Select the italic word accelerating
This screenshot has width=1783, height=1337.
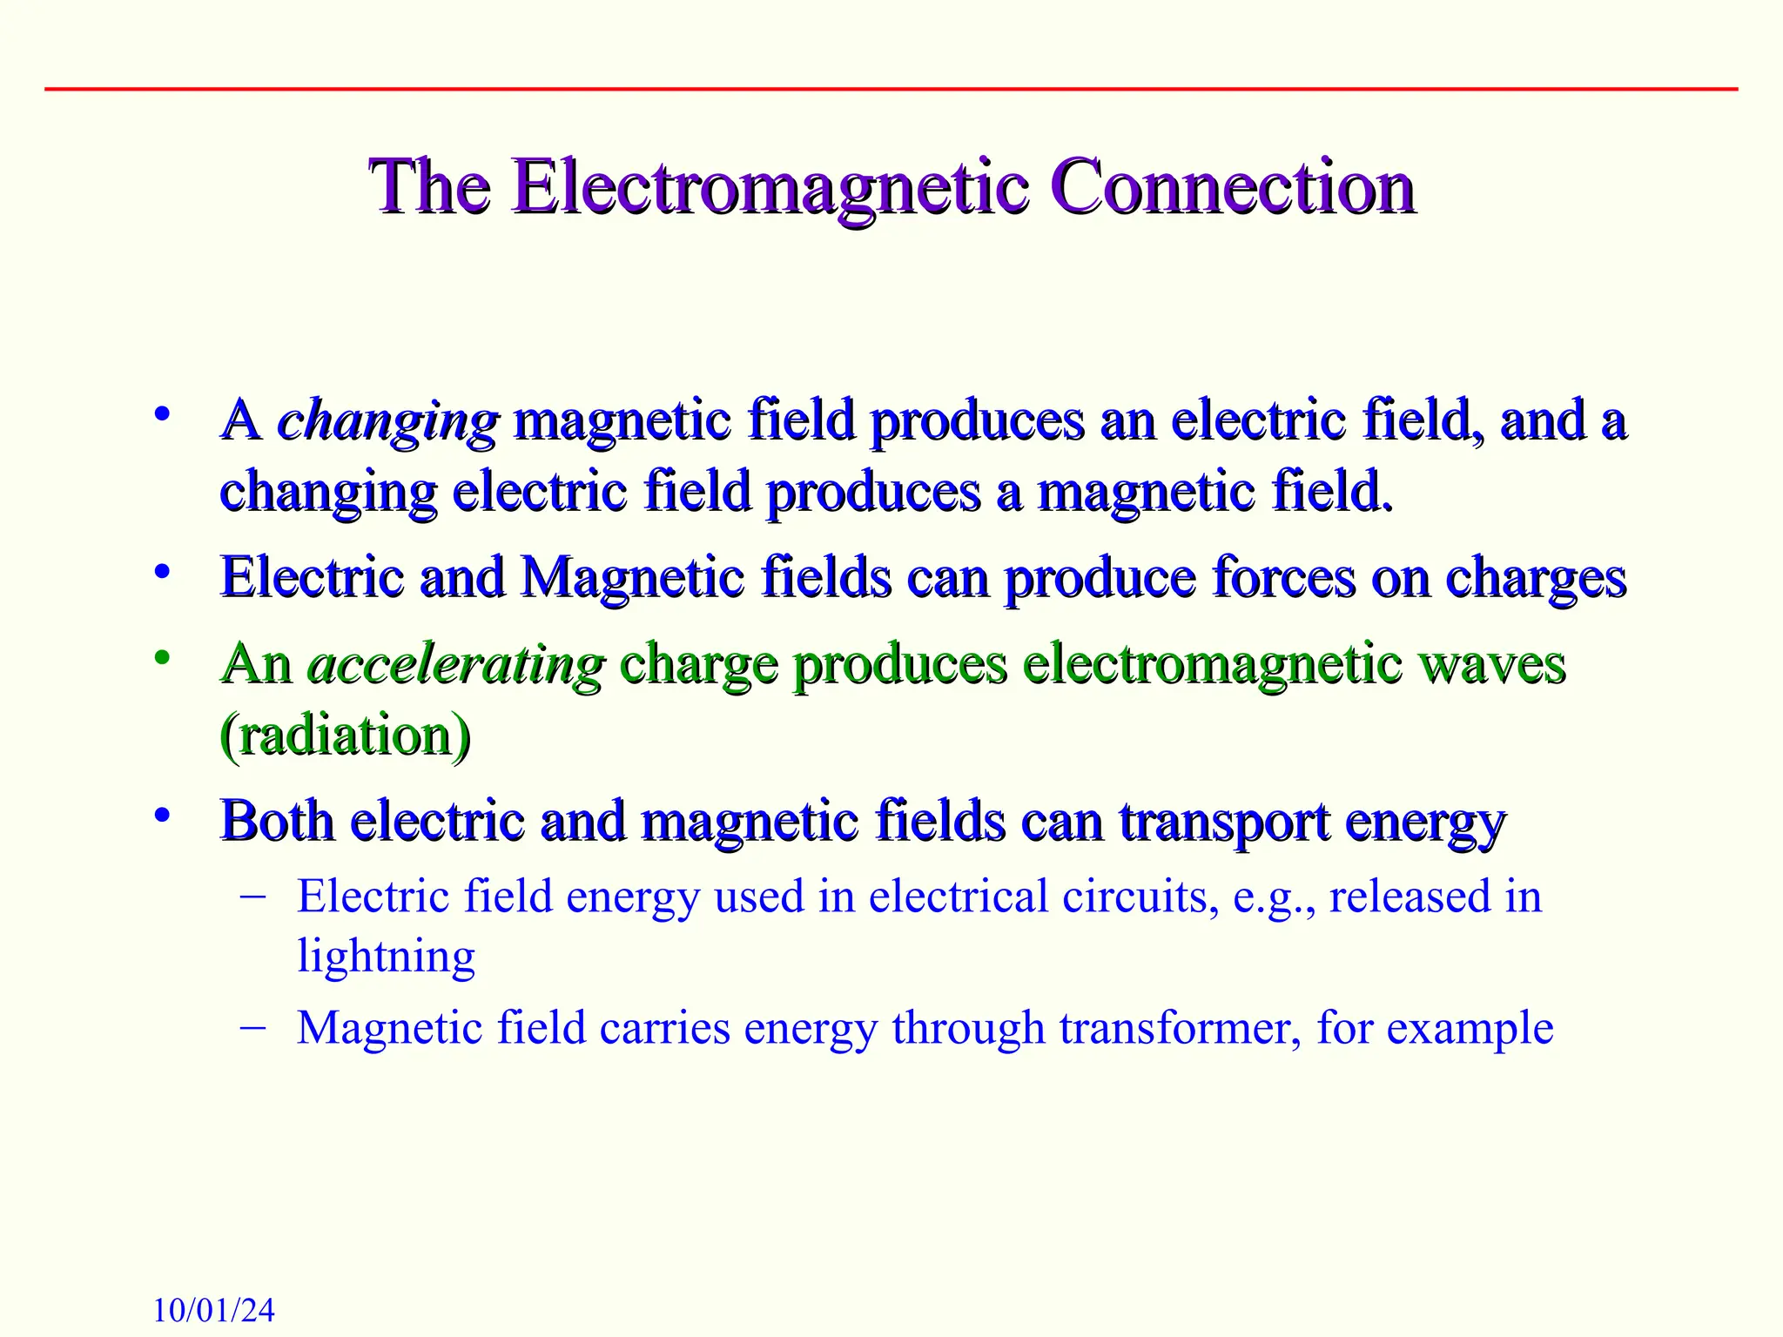tap(456, 666)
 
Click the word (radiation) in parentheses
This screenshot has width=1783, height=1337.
tap(346, 736)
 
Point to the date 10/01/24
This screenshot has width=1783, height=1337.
tap(213, 1310)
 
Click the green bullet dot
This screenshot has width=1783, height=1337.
tap(161, 657)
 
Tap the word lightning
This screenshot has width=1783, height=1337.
tap(386, 957)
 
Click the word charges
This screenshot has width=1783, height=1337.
tap(1535, 579)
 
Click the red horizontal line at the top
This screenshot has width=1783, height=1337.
tap(891, 89)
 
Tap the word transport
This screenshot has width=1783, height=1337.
tap(1224, 823)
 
